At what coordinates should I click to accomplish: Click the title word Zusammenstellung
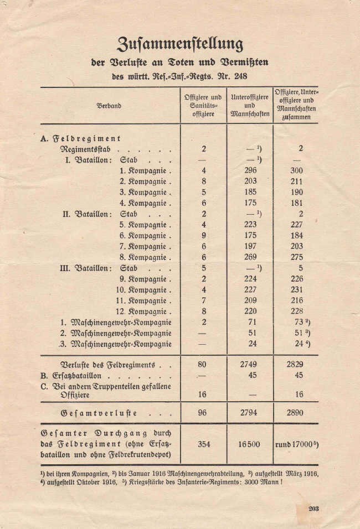click(180, 43)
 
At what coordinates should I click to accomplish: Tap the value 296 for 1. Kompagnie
click(250, 171)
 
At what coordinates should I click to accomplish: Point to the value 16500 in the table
click(250, 444)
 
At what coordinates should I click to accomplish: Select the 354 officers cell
click(203, 444)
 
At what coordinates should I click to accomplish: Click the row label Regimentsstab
click(92, 149)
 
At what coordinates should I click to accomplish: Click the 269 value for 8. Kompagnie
click(250, 257)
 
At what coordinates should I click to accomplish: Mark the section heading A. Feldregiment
click(81, 138)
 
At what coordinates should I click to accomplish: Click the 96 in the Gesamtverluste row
click(203, 413)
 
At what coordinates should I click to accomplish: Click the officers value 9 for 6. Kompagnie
click(203, 236)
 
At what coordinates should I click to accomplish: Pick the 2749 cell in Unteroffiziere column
click(250, 365)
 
